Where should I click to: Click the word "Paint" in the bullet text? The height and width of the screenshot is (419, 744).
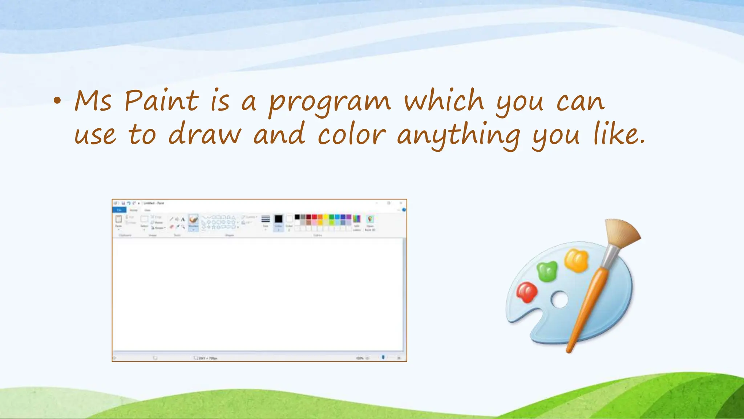(161, 101)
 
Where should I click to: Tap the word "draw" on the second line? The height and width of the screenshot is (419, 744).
(205, 134)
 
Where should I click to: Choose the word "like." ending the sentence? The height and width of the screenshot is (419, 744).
(619, 134)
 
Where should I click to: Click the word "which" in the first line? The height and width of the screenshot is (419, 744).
(444, 100)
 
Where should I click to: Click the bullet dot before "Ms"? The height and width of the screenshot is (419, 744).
(57, 101)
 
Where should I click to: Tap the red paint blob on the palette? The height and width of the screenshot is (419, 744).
(526, 292)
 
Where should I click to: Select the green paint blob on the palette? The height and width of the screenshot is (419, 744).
(547, 271)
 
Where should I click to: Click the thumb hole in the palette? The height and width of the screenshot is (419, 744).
(559, 300)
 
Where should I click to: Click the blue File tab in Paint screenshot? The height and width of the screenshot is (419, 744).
(119, 210)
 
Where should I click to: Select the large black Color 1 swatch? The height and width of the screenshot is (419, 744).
(278, 219)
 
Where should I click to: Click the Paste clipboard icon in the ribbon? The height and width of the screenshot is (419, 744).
(118, 219)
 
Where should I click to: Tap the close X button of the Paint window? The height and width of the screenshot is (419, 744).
(401, 203)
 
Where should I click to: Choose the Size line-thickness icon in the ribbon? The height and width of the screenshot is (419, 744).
(266, 219)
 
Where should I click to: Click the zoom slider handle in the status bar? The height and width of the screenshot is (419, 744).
(383, 358)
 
